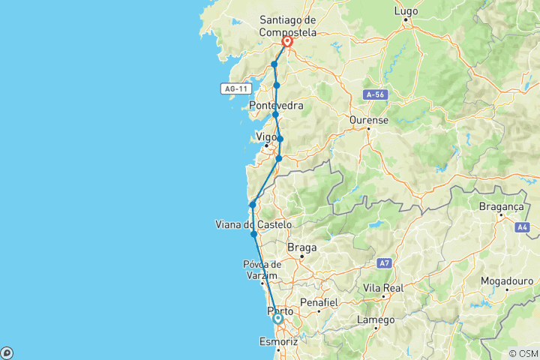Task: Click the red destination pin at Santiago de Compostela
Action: (287, 43)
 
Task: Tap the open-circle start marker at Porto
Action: (278, 319)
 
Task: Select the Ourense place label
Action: (368, 120)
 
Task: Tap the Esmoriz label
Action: (279, 342)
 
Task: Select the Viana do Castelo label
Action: (253, 224)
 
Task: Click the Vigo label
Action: (266, 136)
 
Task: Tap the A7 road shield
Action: (385, 263)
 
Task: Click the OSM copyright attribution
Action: (523, 353)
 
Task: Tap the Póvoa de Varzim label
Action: (262, 269)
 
